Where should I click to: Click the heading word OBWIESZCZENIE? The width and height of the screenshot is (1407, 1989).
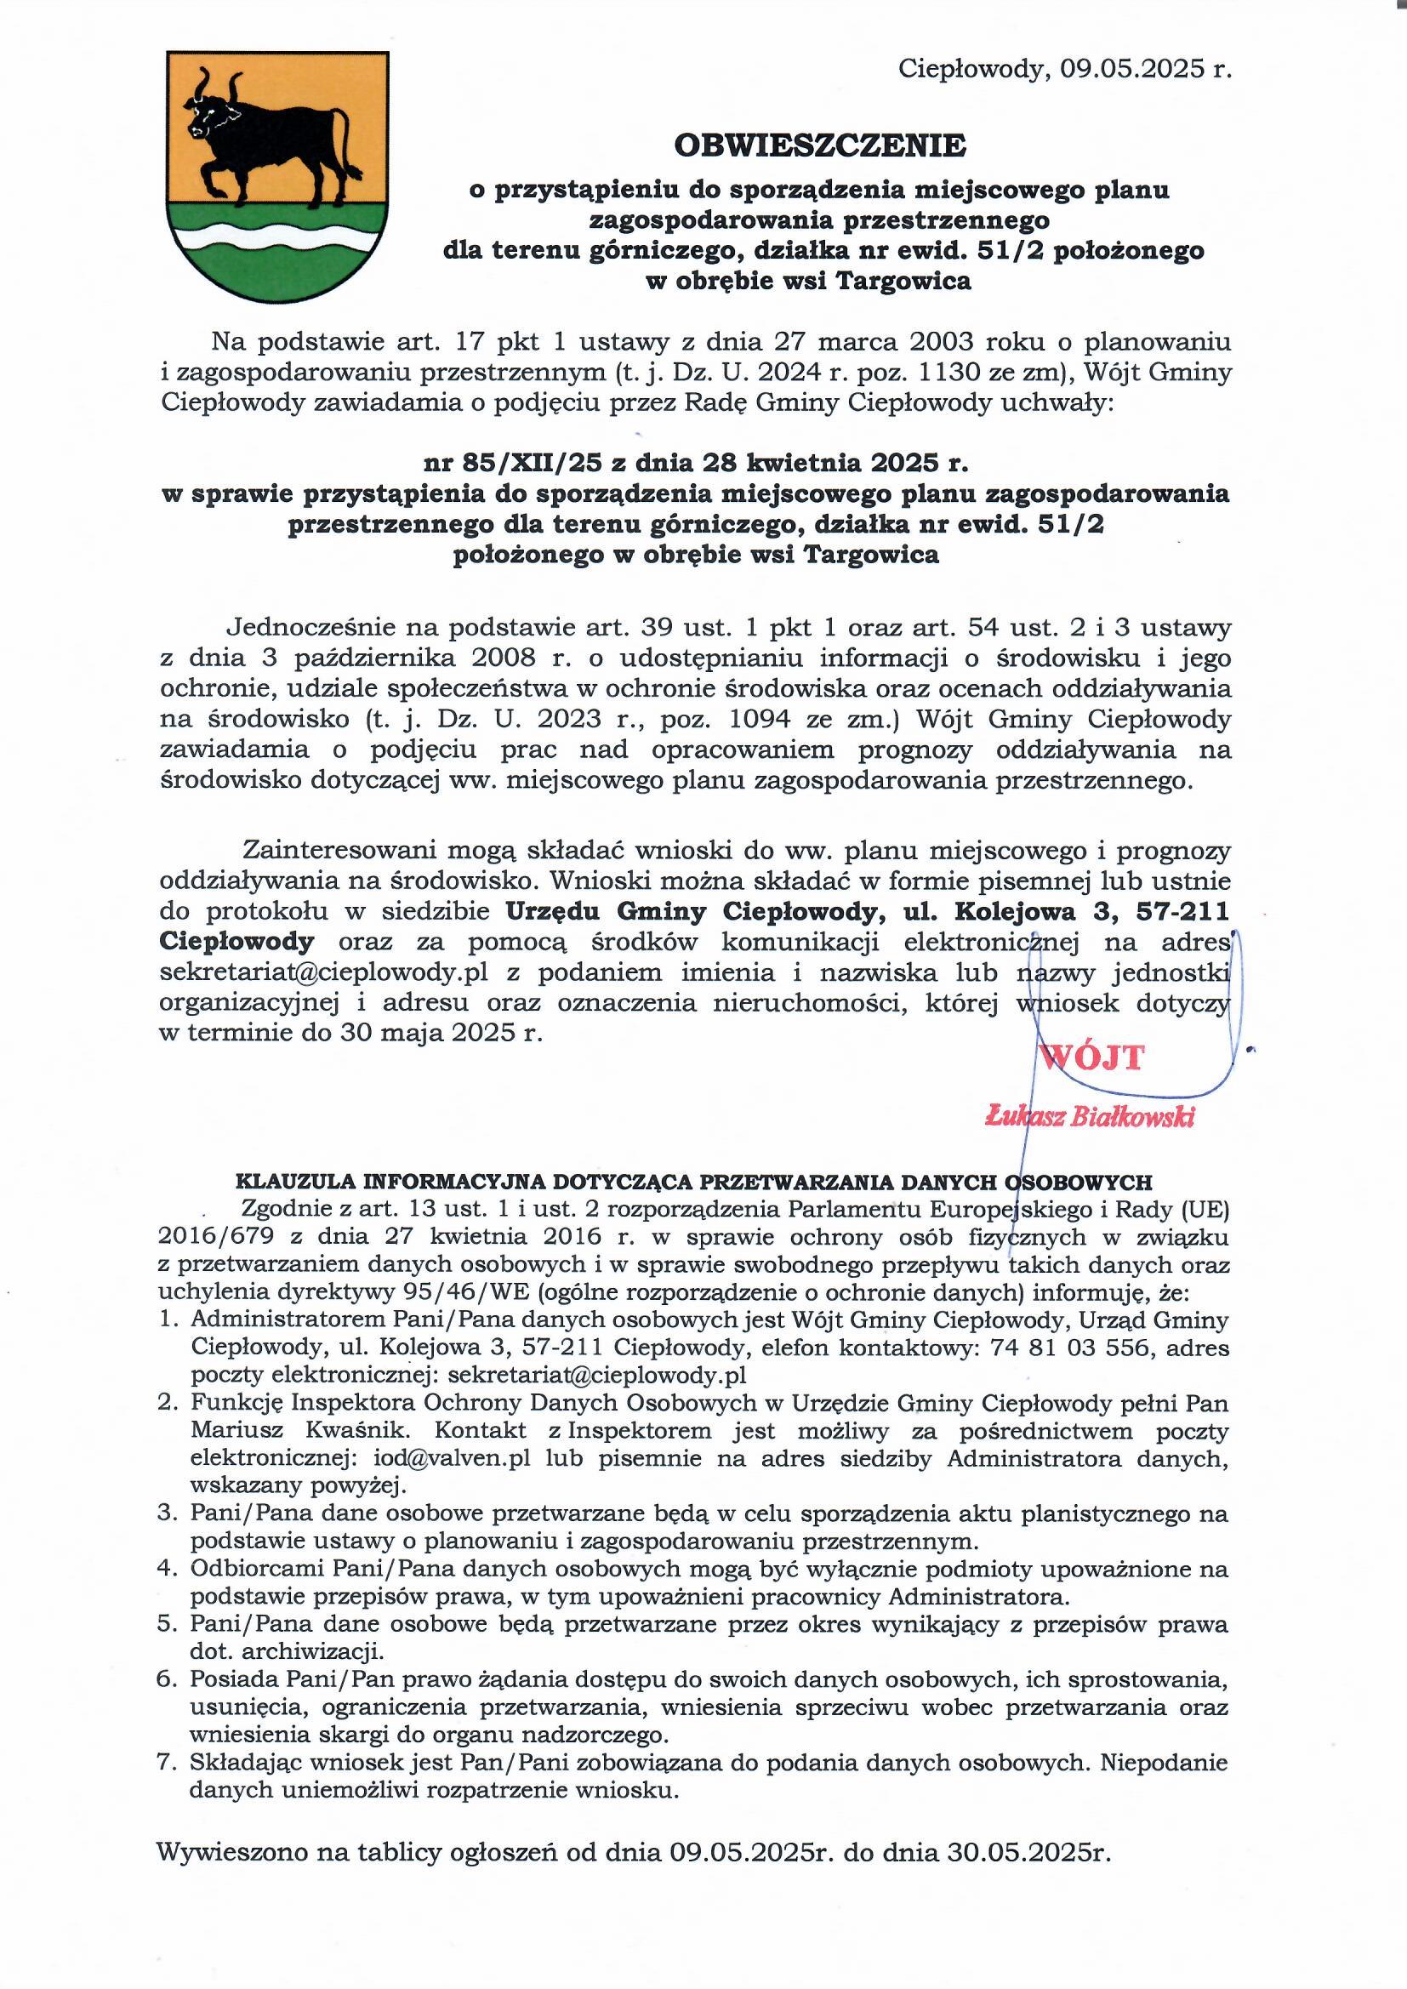click(x=819, y=145)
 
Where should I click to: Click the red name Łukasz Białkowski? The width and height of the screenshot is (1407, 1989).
click(x=1091, y=1118)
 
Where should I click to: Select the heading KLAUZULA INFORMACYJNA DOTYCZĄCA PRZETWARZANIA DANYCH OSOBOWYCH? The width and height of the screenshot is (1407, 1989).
click(x=694, y=1183)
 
